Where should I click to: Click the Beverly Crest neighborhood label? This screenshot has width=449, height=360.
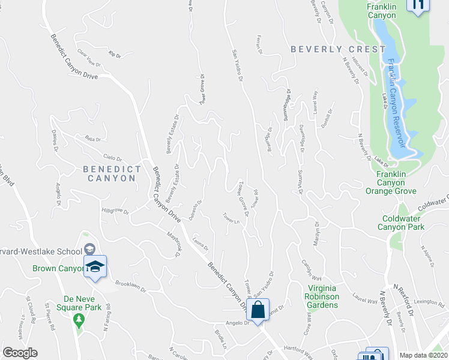click(x=338, y=49)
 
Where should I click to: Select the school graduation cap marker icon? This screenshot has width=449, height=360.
click(x=95, y=266)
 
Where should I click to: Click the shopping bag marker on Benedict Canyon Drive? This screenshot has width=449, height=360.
click(x=258, y=311)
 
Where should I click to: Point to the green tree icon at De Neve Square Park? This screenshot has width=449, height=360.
click(x=77, y=319)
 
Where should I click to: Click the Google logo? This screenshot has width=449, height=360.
click(x=20, y=353)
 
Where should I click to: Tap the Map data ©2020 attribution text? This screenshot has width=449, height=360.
click(x=423, y=355)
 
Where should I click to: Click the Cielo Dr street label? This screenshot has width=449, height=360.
click(x=113, y=157)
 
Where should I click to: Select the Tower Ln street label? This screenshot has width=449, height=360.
click(x=231, y=218)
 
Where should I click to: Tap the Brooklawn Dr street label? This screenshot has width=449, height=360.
click(x=131, y=287)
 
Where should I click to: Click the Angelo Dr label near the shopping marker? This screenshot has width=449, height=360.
click(x=237, y=323)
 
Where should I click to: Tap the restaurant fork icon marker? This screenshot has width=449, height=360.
click(x=418, y=5)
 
